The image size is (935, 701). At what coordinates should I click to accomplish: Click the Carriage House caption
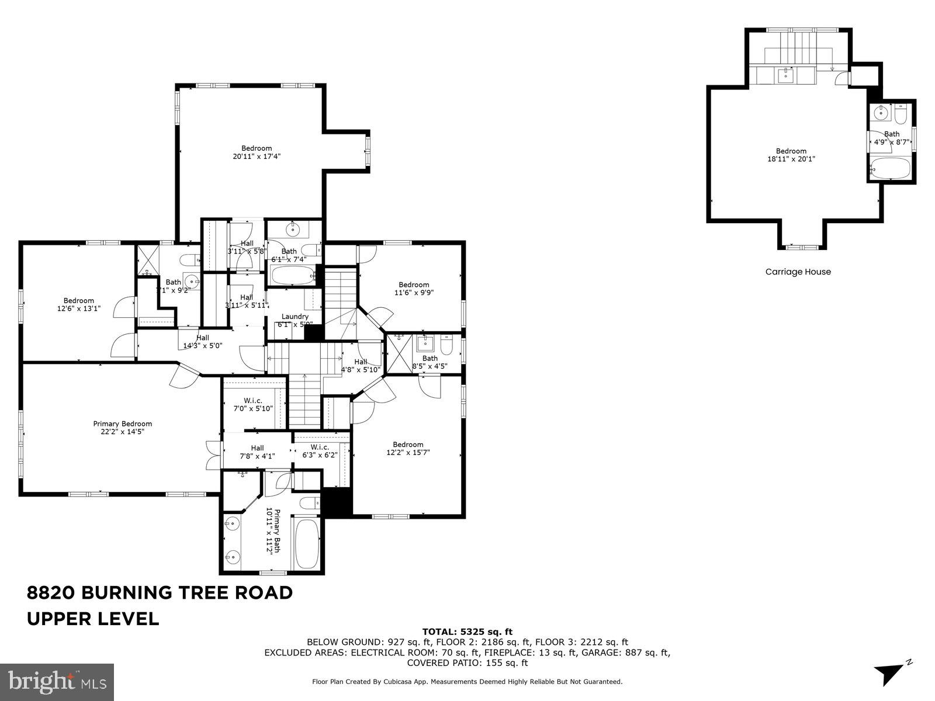[x=798, y=272]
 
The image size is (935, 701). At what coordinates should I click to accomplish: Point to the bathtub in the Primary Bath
[x=307, y=543]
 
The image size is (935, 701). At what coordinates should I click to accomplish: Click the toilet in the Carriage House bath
[x=901, y=116]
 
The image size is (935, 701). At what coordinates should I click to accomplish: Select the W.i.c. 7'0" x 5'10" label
[x=252, y=404]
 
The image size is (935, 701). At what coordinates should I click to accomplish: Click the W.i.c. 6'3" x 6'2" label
[x=316, y=451]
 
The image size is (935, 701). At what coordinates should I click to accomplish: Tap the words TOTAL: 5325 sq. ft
[x=467, y=631]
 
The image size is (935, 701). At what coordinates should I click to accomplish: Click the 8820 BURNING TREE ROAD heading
[x=160, y=592]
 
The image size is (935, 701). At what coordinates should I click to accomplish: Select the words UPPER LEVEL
[x=93, y=619]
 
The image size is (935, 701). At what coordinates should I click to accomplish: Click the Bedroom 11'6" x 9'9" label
[x=414, y=289]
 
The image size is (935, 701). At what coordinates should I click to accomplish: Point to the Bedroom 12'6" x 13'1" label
[x=79, y=304]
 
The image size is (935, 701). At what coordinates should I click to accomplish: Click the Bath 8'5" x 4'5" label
[x=430, y=362]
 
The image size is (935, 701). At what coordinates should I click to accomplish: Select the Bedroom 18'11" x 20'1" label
[x=791, y=154]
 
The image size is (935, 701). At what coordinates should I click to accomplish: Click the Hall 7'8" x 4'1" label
[x=257, y=452]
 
